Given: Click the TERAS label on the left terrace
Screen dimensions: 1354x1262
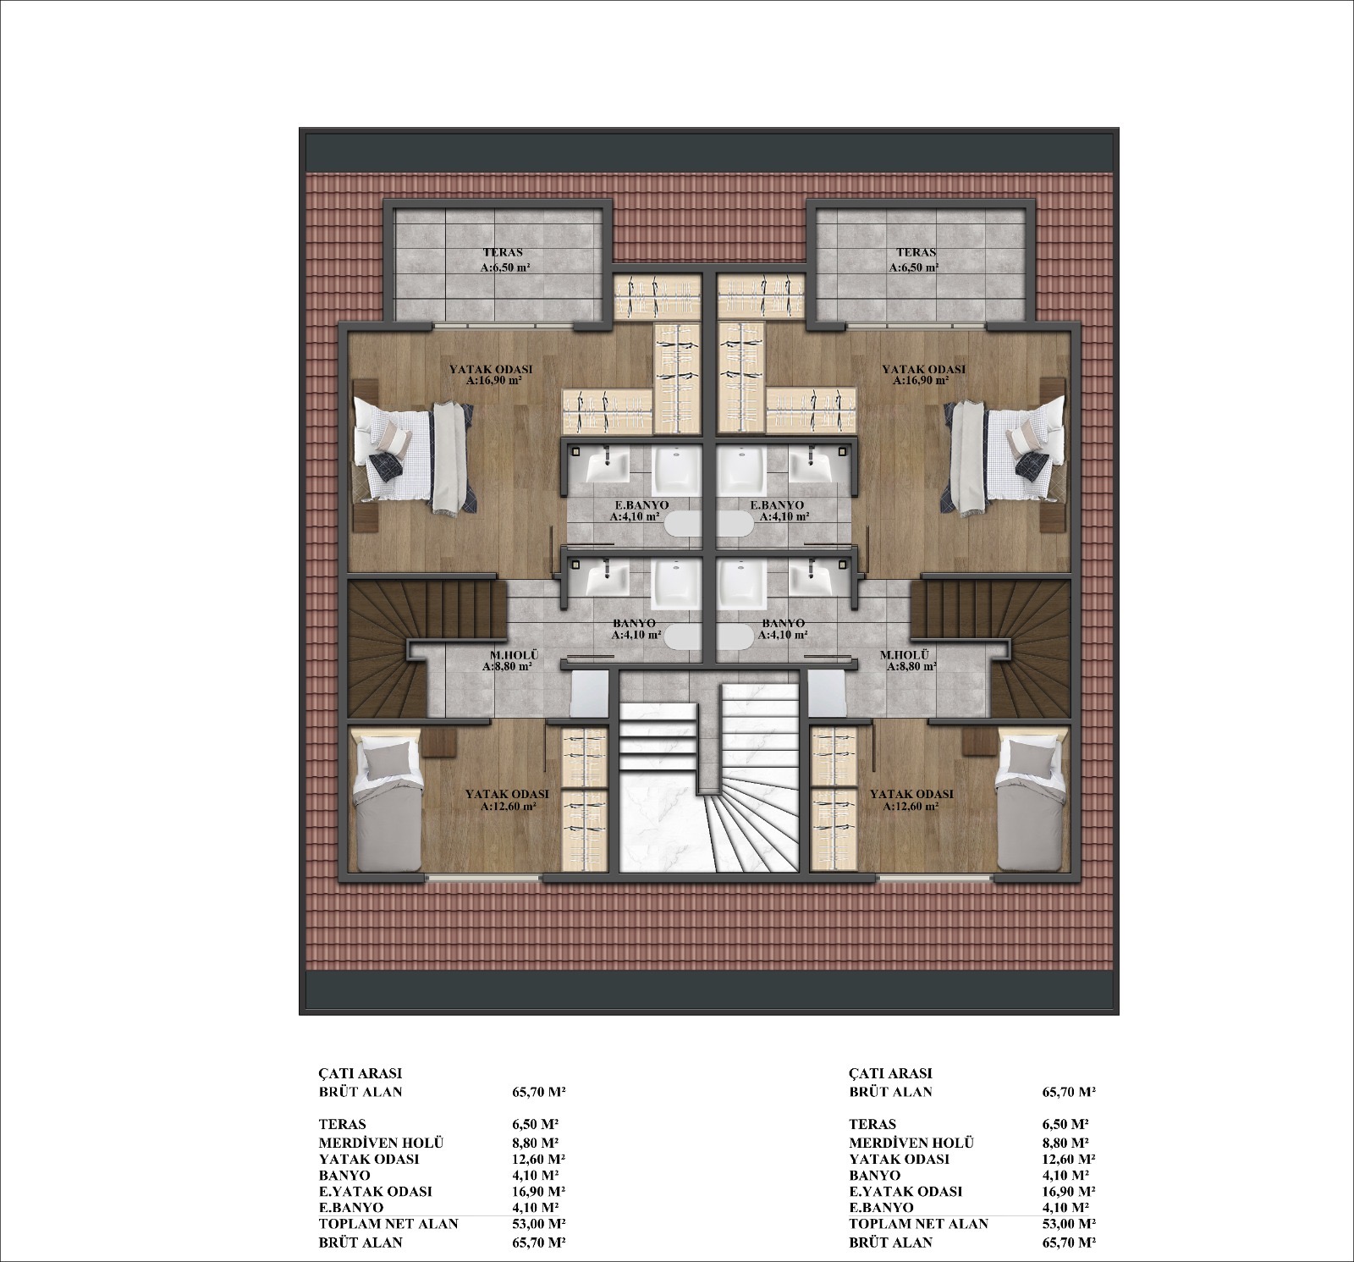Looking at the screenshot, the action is point(503,252).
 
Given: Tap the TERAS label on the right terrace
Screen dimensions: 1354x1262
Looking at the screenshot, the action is point(916,252).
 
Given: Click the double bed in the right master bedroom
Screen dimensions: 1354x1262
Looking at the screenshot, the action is point(1003,457).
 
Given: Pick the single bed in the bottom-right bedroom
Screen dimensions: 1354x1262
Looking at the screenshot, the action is point(1029,804).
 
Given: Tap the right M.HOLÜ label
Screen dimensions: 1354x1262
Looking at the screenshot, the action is point(905,655).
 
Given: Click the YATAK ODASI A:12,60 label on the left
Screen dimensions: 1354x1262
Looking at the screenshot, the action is point(507,801).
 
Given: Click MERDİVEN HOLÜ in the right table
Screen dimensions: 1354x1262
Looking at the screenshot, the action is point(911,1143).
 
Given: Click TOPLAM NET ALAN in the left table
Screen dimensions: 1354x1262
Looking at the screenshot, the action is point(388,1224).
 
